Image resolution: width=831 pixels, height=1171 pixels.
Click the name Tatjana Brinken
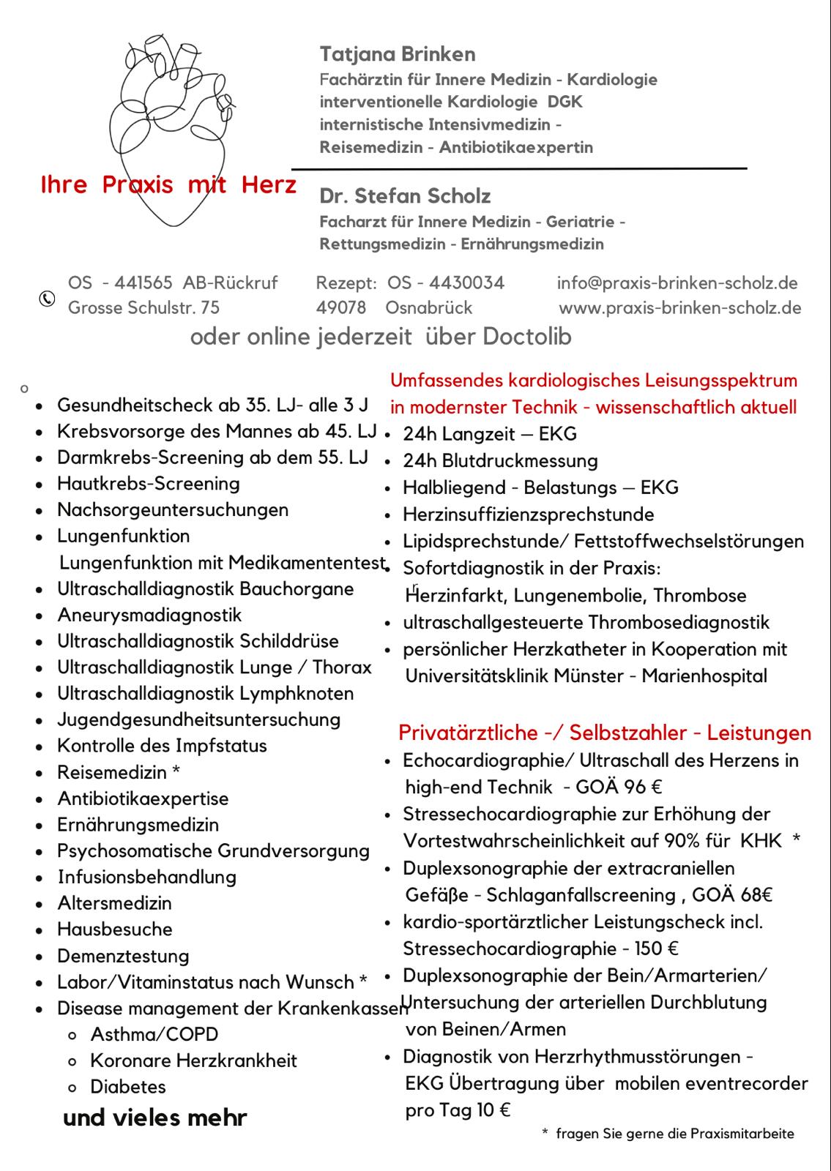coord(398,54)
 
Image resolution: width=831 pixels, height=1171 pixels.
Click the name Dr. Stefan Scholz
coord(405,196)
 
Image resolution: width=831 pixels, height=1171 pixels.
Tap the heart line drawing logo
coord(173,124)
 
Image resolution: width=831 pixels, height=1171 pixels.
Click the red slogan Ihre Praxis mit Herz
coord(168,185)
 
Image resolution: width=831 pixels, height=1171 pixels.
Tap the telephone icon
coord(47,298)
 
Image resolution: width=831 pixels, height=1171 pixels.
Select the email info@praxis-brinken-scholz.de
coord(677,283)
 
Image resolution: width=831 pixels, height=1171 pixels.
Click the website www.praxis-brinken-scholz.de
coord(680,308)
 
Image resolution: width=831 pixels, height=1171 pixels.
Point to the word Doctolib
coord(527,337)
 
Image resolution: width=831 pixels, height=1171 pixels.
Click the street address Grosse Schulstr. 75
coord(144,308)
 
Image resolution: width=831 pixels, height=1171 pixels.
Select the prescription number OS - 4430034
coord(446,283)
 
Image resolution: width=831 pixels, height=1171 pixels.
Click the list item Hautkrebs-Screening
coord(149,484)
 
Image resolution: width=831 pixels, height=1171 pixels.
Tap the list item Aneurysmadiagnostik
coord(149,616)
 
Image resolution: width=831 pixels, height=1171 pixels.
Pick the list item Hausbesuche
coord(115,929)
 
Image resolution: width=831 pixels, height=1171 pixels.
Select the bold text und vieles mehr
coord(155,1118)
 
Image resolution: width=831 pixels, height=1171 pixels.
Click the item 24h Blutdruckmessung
coord(500,461)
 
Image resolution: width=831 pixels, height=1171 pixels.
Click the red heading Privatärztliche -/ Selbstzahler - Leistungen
coord(605,733)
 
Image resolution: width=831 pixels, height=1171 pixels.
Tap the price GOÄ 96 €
coord(619,787)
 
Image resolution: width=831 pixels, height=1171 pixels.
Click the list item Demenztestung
coord(123,957)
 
